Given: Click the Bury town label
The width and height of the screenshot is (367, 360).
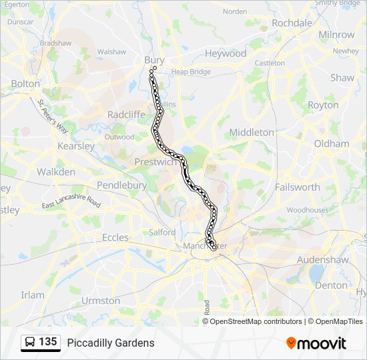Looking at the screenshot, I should point(154,60).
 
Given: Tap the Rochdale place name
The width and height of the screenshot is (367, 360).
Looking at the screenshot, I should point(292,23).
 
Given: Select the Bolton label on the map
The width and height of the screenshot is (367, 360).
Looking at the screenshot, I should point(25,84).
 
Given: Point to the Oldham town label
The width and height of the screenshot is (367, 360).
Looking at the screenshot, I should point(332,143).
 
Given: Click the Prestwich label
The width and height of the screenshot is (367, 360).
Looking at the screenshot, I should point(154,162).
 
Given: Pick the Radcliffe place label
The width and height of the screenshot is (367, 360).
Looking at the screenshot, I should point(126,115).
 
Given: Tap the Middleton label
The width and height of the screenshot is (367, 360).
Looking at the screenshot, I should point(252,133).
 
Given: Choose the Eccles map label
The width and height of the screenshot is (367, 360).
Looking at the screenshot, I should point(115,237).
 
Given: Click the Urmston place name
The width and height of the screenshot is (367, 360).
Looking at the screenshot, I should point(100,301).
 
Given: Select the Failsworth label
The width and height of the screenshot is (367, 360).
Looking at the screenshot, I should point(297,187).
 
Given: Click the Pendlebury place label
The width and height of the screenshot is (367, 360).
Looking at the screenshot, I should point(121,185).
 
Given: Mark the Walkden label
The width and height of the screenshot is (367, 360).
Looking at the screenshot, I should point(55,172).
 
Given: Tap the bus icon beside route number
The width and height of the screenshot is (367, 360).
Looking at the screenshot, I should point(30,343).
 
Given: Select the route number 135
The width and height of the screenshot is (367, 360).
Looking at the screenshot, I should point(47,342).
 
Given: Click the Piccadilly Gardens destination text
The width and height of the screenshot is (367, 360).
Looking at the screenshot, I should point(111,343).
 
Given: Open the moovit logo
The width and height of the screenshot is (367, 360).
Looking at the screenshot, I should point(316,343).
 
